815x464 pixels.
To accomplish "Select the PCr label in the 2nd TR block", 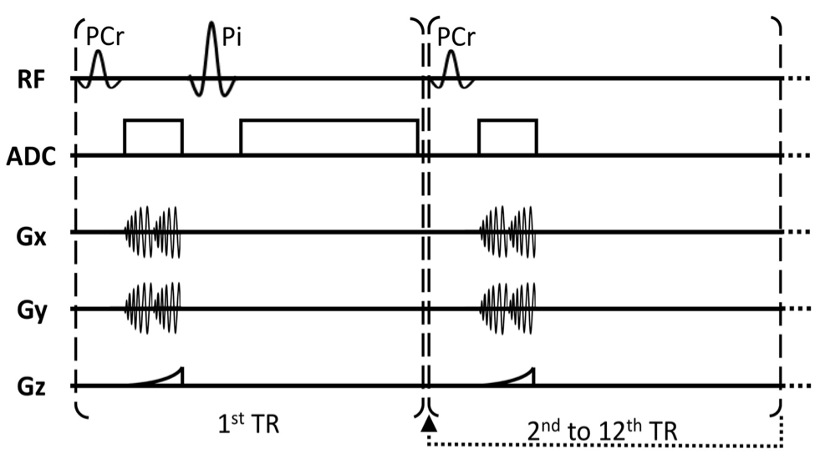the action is (458, 36).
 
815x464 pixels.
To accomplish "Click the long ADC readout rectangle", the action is (329, 138).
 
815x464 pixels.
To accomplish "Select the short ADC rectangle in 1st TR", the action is (153, 138).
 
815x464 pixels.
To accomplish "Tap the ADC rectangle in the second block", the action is (507, 138).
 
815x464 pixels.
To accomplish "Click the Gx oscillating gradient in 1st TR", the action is (153, 231).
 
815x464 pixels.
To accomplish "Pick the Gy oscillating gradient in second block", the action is (507, 308).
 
